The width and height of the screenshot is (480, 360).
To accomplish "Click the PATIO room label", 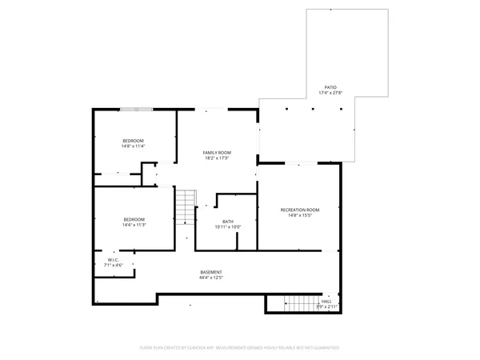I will [330, 88].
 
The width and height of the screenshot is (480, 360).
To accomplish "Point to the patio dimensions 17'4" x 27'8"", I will [330, 94].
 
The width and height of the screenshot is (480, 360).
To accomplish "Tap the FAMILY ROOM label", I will [216, 152].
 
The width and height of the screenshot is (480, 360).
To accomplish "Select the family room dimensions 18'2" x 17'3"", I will [216, 158].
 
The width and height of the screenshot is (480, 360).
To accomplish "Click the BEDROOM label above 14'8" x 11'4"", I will [133, 140].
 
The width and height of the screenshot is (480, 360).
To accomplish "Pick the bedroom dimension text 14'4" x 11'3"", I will [134, 226].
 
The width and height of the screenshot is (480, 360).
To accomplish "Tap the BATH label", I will [228, 222].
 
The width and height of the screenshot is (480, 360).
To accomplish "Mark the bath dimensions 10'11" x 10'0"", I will [228, 227].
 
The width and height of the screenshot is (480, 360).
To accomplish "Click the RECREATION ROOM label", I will [299, 210].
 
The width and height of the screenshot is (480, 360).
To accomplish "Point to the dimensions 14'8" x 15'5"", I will [299, 215].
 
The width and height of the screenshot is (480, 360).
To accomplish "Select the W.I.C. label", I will [114, 259].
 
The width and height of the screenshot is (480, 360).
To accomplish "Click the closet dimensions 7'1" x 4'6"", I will [114, 265].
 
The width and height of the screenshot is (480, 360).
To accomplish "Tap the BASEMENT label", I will [211, 272].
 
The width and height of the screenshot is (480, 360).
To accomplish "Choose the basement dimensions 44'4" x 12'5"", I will [211, 278].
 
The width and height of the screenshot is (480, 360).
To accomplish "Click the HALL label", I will [326, 302].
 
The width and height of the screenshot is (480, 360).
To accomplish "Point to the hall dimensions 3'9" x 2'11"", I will [326, 306].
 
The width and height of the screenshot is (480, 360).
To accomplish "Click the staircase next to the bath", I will [186, 206].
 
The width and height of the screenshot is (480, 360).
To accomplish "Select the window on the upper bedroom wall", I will [135, 110].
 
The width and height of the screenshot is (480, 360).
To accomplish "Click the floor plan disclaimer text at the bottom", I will [240, 348].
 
